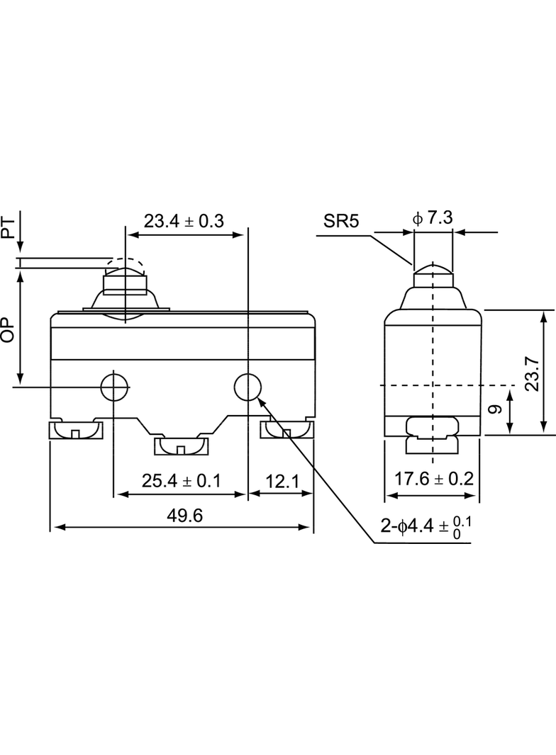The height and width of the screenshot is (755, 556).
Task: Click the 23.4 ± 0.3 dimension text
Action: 184,221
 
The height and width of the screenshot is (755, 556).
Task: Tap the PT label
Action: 9,227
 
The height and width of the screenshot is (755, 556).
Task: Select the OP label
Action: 9,330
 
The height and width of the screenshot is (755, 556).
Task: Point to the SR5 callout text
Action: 341,222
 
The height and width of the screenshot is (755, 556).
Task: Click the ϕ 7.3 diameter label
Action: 433,218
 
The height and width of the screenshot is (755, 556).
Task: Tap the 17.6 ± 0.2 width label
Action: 434,479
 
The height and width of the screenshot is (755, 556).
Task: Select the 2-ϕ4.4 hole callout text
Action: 426,527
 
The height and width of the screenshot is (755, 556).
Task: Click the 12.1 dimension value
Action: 282,481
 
